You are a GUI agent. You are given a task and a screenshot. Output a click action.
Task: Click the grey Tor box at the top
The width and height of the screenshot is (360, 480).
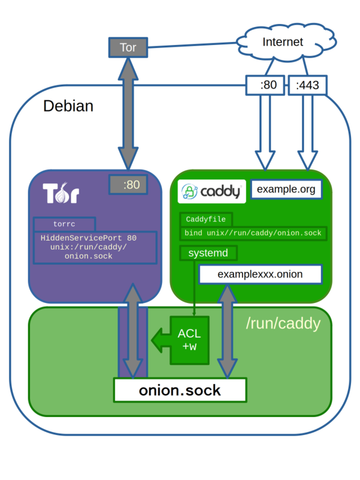click(x=128, y=47)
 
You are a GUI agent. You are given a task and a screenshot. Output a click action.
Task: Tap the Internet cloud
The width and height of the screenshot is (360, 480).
click(x=286, y=42)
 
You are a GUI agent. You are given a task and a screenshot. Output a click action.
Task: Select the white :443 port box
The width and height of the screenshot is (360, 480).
click(x=307, y=85)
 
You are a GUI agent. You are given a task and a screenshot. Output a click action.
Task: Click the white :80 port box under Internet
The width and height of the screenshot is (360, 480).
click(x=265, y=85)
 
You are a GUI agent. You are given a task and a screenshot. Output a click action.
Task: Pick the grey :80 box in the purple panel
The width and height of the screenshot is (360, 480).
click(x=128, y=185)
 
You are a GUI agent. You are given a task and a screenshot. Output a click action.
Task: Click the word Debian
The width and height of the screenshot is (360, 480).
click(x=68, y=106)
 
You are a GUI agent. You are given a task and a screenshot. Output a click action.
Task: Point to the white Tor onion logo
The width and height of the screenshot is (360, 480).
click(x=61, y=193)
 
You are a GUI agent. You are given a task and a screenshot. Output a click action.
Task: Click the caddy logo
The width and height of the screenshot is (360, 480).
click(x=212, y=191)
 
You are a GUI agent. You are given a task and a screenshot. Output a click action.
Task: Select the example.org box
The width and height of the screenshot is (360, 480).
click(x=286, y=190)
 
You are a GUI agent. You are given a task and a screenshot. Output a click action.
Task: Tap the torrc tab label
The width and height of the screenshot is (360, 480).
click(x=64, y=224)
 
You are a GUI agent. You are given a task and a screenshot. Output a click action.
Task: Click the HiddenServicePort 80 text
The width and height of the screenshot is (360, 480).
click(x=88, y=238)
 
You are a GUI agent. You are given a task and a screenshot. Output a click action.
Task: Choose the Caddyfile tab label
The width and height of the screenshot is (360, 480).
click(x=206, y=219)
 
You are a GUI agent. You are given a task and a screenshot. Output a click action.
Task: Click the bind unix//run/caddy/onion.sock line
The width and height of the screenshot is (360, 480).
click(x=253, y=233)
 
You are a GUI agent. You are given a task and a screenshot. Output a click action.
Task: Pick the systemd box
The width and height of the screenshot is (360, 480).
click(x=208, y=253)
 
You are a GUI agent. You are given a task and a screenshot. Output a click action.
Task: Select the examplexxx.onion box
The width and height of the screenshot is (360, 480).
click(x=260, y=274)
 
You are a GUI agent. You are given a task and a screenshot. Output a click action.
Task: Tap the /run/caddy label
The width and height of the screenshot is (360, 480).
click(x=283, y=323)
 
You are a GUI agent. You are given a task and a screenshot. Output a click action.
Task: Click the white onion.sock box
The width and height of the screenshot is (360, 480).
click(x=180, y=391)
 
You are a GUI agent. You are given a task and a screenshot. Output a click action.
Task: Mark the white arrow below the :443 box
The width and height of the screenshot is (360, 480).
click(x=308, y=132)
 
